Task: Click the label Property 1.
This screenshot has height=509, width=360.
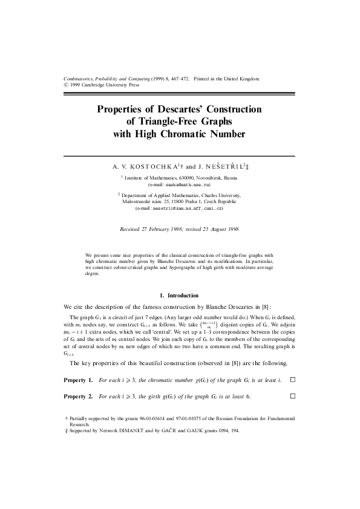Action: click(x=78, y=380)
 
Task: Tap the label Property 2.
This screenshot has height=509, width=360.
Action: click(x=78, y=396)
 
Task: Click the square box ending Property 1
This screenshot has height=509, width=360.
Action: click(x=293, y=380)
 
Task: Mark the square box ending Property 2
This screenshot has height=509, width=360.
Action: click(x=293, y=396)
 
